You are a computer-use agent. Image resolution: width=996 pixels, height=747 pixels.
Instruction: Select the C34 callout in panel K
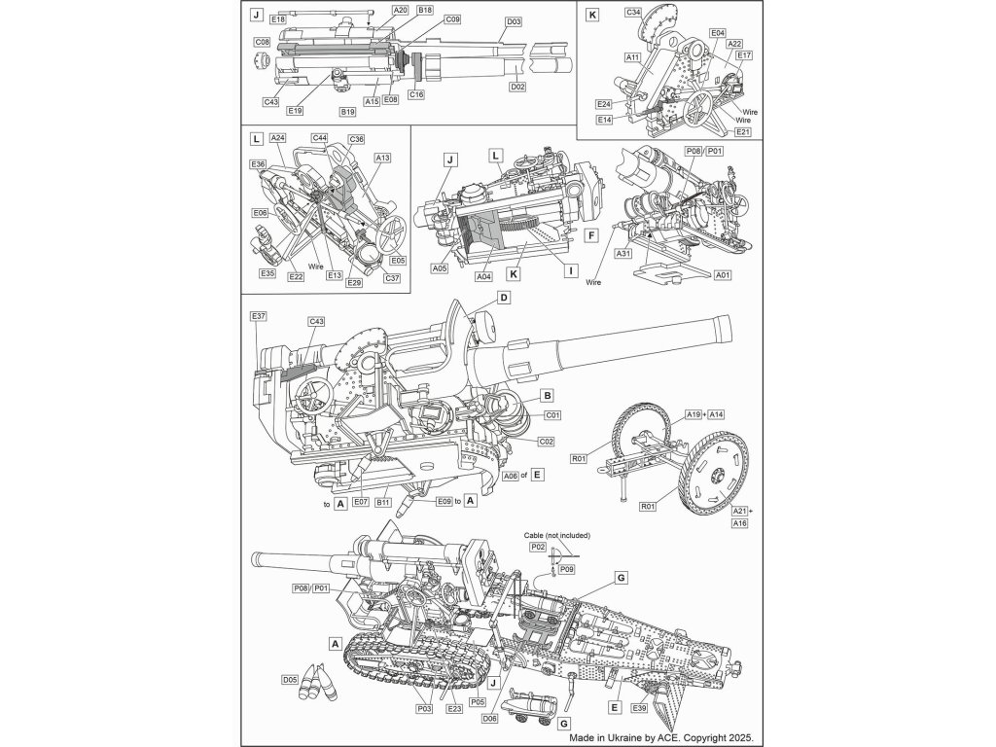[x=632, y=14]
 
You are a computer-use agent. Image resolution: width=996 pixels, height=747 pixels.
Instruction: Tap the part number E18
[x=279, y=19]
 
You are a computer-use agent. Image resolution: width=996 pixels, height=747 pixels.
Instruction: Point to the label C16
[x=416, y=93]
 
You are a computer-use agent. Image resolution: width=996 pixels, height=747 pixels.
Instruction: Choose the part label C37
[x=392, y=278]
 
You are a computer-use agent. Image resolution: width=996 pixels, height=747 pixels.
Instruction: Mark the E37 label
[x=258, y=317]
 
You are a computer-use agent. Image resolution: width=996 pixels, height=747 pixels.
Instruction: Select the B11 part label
[x=383, y=502]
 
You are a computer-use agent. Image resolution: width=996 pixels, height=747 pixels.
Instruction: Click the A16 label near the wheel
[x=739, y=523]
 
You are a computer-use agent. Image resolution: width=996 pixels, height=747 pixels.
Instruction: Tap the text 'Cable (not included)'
[x=556, y=536]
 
